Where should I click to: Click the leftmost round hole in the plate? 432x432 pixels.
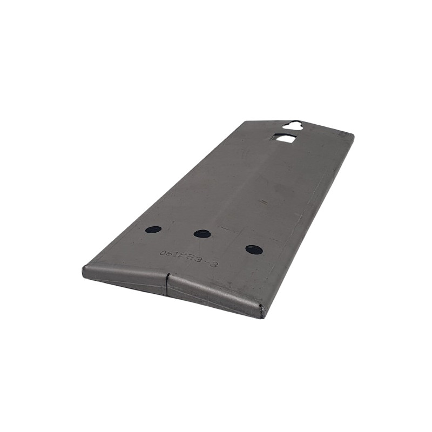click(x=153, y=230)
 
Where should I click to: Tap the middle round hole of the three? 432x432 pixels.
click(x=202, y=234)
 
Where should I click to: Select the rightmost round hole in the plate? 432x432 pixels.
click(x=254, y=249)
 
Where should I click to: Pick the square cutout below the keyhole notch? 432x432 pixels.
click(x=284, y=139)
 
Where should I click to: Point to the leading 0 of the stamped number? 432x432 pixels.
click(x=163, y=253)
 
